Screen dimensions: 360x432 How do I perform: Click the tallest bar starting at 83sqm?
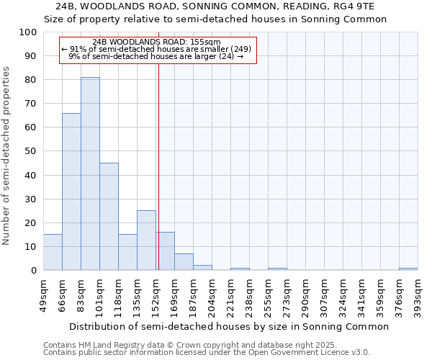(90, 174)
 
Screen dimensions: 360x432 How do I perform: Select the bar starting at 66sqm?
(71, 192)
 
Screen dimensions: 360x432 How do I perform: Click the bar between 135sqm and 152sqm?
(146, 240)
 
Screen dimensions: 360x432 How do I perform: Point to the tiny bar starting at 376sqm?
(408, 269)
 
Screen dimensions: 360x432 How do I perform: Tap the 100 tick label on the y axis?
(28, 32)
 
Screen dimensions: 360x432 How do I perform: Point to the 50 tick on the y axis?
(31, 151)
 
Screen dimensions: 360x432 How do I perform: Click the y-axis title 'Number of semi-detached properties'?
(7, 156)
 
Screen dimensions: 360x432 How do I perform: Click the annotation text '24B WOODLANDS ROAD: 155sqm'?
(157, 42)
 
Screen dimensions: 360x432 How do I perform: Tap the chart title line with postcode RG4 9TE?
(215, 6)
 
